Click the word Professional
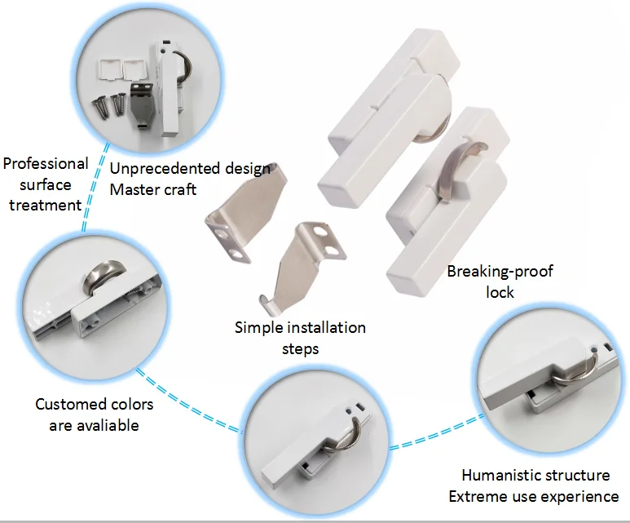tap(45, 164)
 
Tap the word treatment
tap(45, 204)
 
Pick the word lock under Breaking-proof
tap(500, 292)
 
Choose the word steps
tap(300, 348)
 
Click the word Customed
tap(72, 405)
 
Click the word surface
tap(46, 184)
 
